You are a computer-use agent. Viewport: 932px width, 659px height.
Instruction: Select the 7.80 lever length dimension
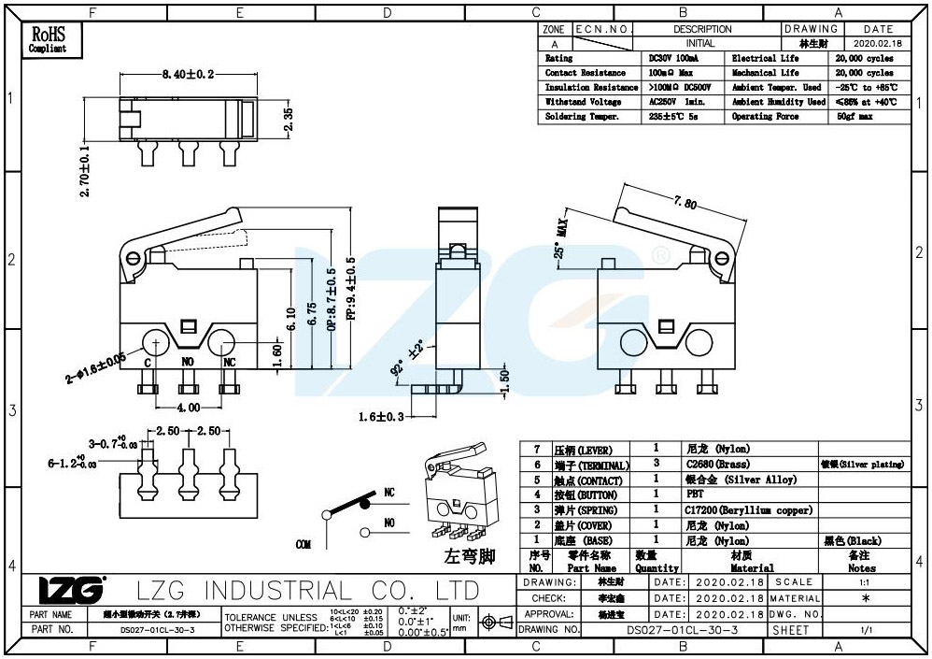coord(685,203)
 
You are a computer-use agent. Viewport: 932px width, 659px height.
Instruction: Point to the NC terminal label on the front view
coord(228,361)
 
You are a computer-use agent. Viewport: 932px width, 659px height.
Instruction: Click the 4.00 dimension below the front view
coord(188,408)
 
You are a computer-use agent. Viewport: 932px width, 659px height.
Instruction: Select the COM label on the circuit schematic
coord(304,544)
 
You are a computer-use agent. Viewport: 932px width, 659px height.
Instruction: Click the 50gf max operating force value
coord(854,117)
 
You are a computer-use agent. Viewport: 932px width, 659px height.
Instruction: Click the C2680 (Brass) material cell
coord(715,465)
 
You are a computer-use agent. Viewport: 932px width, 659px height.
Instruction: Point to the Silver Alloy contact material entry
coord(741,480)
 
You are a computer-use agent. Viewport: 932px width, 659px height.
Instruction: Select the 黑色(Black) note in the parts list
coord(852,541)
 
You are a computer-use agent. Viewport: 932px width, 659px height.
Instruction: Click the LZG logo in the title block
coord(72,591)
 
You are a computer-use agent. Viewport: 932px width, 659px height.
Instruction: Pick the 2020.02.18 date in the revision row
coord(878,43)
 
